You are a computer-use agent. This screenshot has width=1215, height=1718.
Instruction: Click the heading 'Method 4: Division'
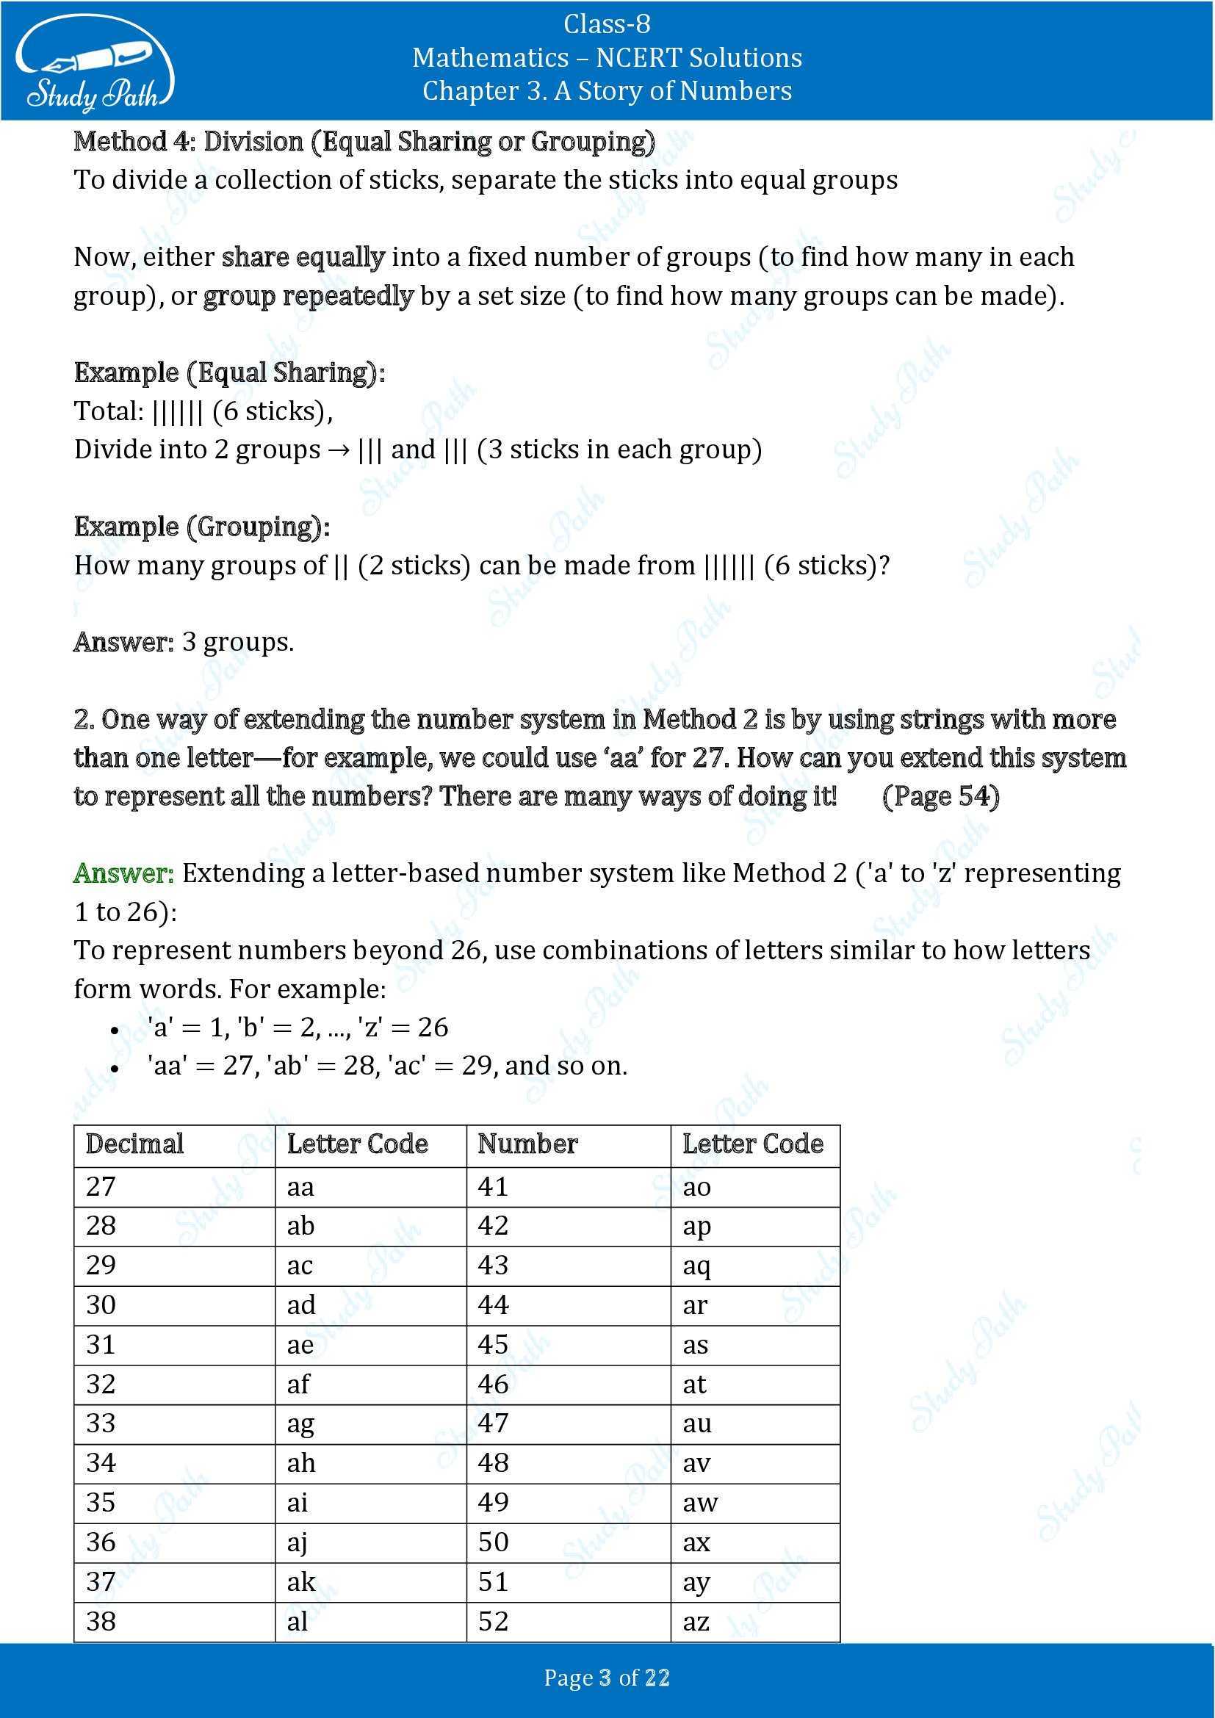[364, 142]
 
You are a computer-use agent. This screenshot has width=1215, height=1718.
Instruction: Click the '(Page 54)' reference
[940, 796]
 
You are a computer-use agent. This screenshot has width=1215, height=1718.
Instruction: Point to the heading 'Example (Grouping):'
[201, 527]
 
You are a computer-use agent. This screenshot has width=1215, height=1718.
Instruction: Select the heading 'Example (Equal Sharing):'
[229, 372]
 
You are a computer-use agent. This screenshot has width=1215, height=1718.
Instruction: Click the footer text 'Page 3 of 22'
[607, 1678]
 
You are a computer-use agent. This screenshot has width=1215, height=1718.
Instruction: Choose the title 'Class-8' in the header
[607, 25]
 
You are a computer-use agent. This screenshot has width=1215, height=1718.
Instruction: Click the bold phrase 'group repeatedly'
[308, 296]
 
